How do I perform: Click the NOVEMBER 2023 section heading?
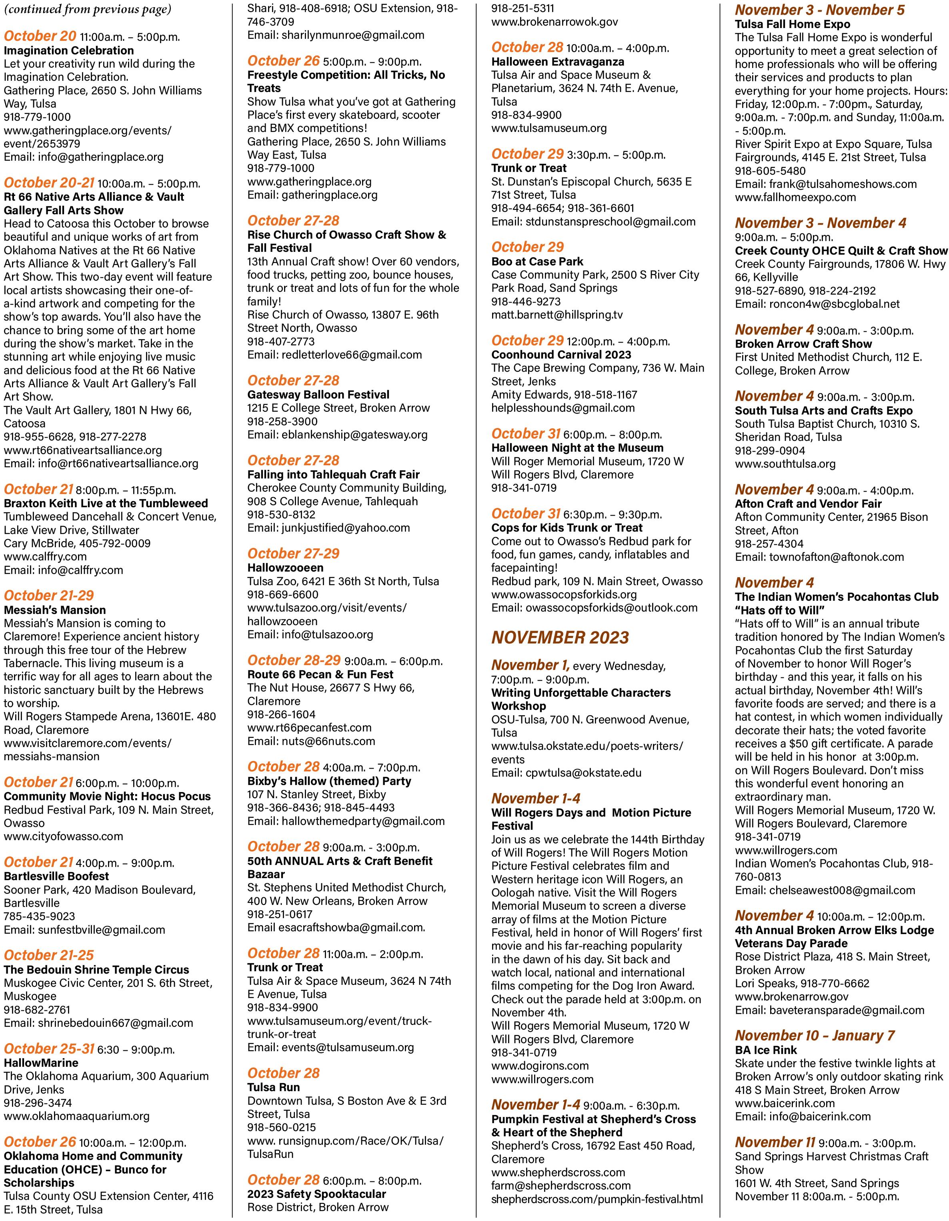click(560, 638)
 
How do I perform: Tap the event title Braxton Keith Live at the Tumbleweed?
click(106, 503)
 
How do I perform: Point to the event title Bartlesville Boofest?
click(56, 876)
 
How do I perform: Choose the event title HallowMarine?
click(41, 1063)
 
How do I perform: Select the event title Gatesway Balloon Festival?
click(318, 395)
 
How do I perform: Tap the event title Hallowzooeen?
click(285, 568)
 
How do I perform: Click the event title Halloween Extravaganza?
click(558, 62)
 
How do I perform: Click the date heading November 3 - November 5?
click(820, 10)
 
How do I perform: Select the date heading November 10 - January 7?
click(815, 1036)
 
